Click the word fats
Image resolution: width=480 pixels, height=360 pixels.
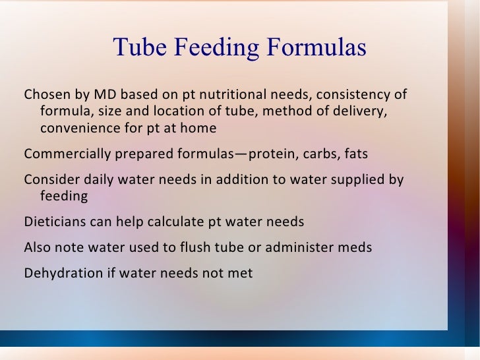[355, 154]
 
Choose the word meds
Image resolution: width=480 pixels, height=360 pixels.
[355, 248]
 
